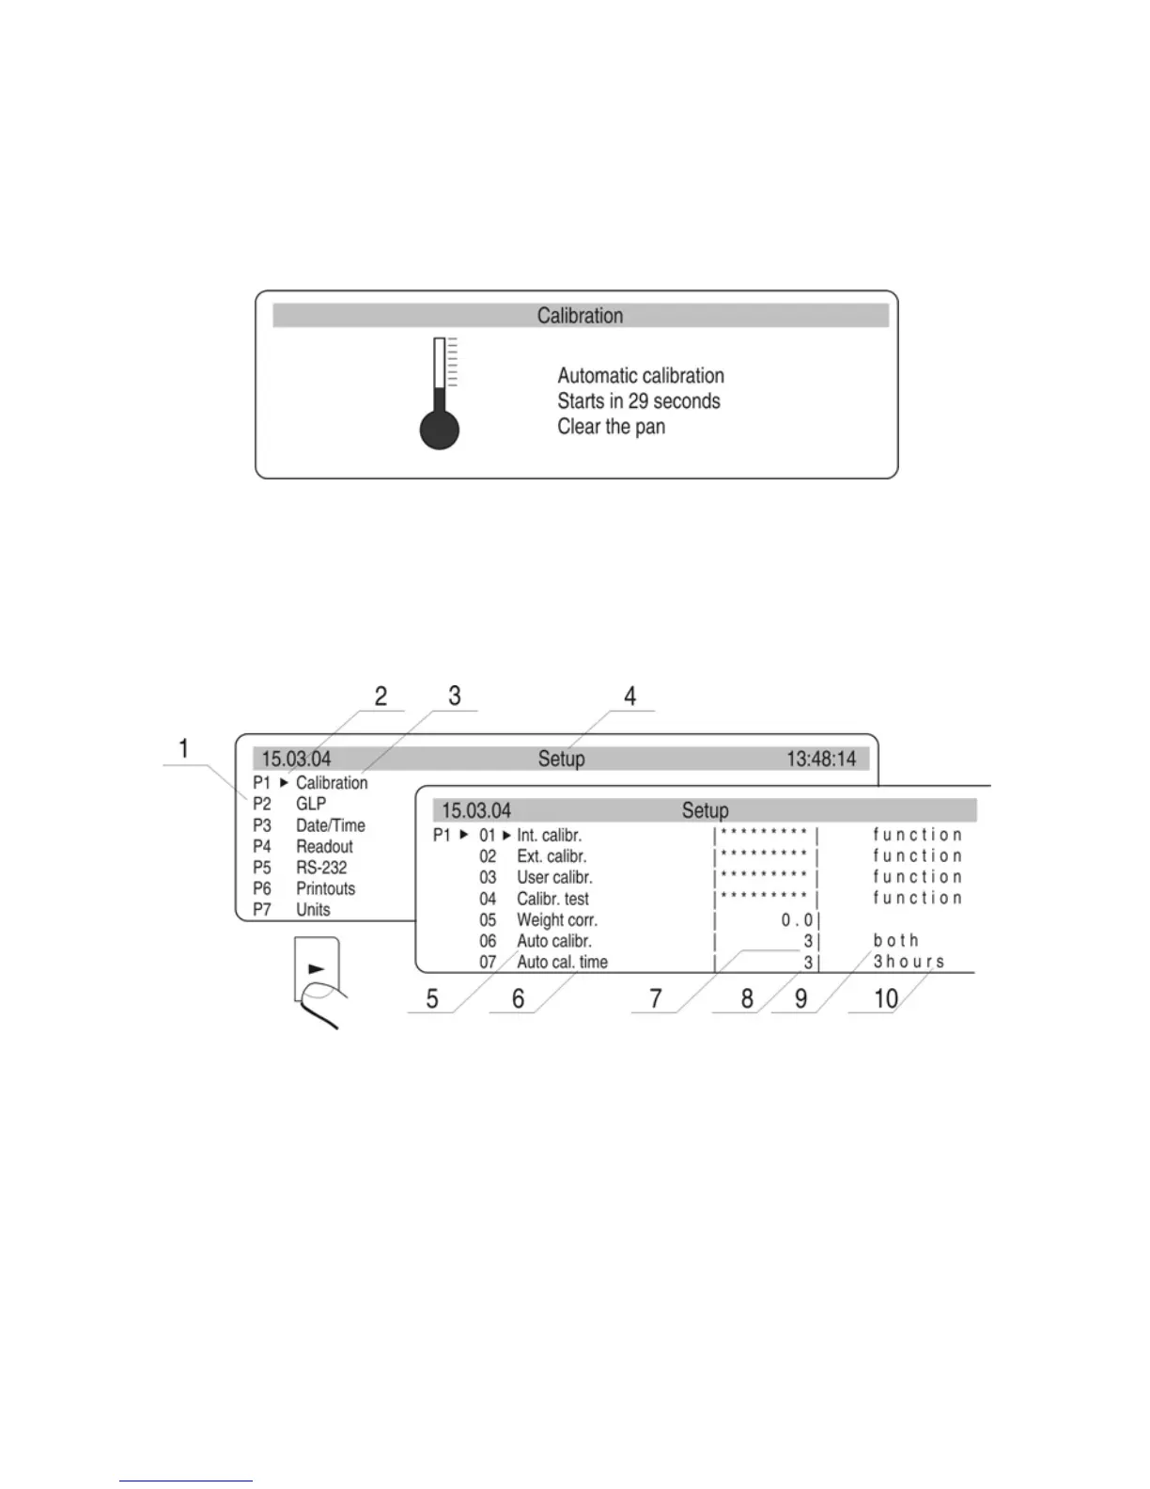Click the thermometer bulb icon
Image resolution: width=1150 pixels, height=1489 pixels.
click(x=439, y=430)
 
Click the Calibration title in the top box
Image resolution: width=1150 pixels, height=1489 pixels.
click(x=580, y=316)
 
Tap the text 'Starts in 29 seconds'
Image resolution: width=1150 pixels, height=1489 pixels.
click(x=639, y=401)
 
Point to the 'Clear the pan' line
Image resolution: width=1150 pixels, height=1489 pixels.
click(x=611, y=427)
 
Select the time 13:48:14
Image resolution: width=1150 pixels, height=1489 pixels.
click(x=821, y=759)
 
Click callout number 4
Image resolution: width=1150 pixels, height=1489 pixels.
click(x=629, y=697)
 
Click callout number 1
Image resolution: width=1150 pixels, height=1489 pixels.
click(x=184, y=749)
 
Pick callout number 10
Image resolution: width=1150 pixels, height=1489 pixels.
click(x=886, y=998)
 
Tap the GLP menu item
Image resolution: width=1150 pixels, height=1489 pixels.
click(x=311, y=804)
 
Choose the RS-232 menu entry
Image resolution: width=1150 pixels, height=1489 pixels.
click(x=321, y=868)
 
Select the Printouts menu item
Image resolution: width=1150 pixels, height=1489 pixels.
click(x=326, y=888)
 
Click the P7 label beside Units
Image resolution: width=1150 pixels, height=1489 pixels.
click(x=262, y=910)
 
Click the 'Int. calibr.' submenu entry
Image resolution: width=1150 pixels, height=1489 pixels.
click(x=549, y=836)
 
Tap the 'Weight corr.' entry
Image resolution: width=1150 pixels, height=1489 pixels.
click(x=557, y=920)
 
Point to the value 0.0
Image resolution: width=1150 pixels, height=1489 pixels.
click(x=797, y=920)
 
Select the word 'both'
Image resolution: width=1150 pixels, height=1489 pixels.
click(x=895, y=941)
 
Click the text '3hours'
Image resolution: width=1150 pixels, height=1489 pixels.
click(x=909, y=962)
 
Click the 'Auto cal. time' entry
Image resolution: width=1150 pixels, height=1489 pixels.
click(x=562, y=963)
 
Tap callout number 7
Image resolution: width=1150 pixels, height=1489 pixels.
click(x=656, y=998)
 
